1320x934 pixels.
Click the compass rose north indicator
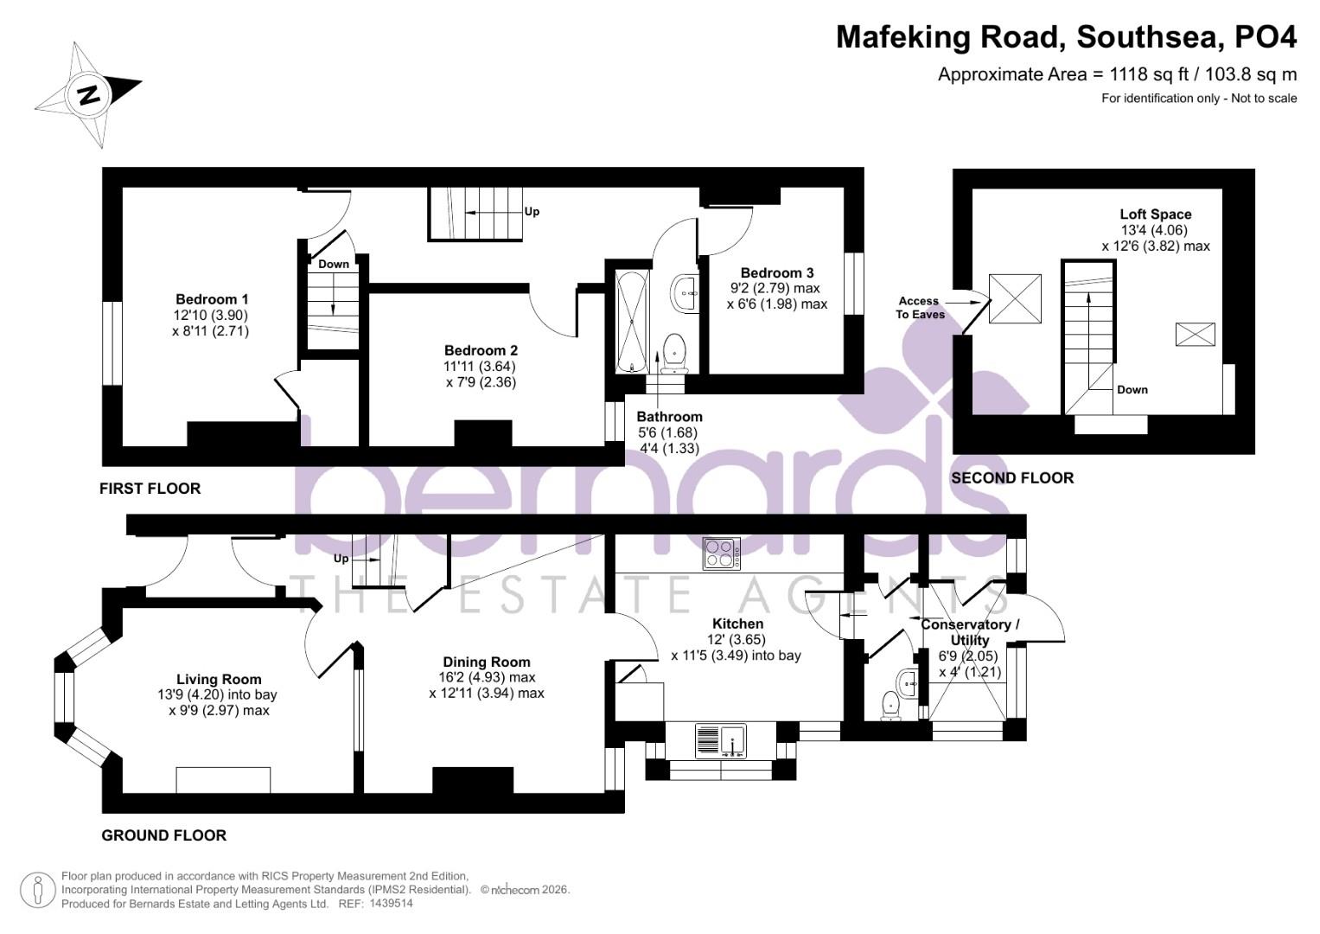[88, 94]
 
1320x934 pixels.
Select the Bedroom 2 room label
[481, 350]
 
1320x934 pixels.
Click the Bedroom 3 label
[776, 272]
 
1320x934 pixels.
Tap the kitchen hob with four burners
[721, 553]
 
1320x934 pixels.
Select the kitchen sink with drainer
[720, 741]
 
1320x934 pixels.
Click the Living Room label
[219, 680]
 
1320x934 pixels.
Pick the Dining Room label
[487, 662]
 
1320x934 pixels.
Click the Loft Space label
[1155, 214]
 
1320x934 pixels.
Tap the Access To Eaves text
[917, 307]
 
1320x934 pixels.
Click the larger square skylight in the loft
[1015, 299]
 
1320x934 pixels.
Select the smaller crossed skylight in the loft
[1195, 334]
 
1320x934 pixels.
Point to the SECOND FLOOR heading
[1012, 478]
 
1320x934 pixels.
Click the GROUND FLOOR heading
[164, 835]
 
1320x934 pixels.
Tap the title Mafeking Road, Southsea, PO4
[1066, 37]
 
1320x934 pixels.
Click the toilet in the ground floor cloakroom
[890, 707]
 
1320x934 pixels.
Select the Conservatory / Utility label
[969, 632]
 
